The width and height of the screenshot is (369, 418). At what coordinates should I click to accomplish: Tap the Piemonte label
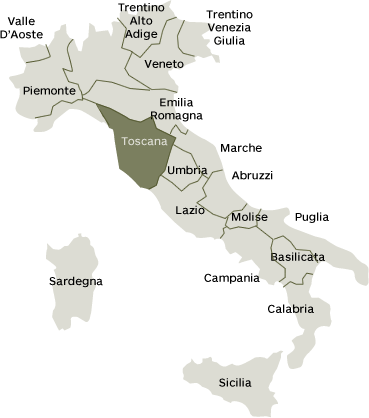tap(48, 91)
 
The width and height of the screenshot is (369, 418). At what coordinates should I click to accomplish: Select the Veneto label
tap(164, 63)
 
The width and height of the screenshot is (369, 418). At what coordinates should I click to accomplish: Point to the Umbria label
tap(187, 170)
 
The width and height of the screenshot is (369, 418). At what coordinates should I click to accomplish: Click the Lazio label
tap(189, 210)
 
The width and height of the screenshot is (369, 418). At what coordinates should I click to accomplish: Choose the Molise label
tap(248, 217)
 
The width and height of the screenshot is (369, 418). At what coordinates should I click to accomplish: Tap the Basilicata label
tap(297, 257)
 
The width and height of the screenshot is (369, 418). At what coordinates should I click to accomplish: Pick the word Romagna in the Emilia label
tap(164, 115)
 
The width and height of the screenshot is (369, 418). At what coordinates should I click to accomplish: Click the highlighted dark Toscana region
tap(140, 160)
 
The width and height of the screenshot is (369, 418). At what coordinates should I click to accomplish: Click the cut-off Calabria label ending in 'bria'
tap(301, 309)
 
